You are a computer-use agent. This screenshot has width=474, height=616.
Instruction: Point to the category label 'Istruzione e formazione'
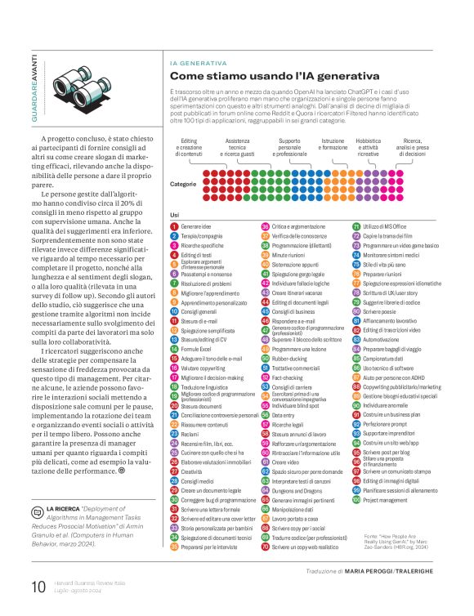point(333,147)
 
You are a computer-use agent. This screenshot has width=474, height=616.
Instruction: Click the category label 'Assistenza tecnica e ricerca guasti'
point(238,147)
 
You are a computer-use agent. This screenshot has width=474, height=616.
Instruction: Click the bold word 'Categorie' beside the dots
point(183,184)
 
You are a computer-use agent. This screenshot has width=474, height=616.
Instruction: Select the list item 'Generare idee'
point(196,225)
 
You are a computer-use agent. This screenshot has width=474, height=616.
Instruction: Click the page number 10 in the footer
point(38,587)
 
